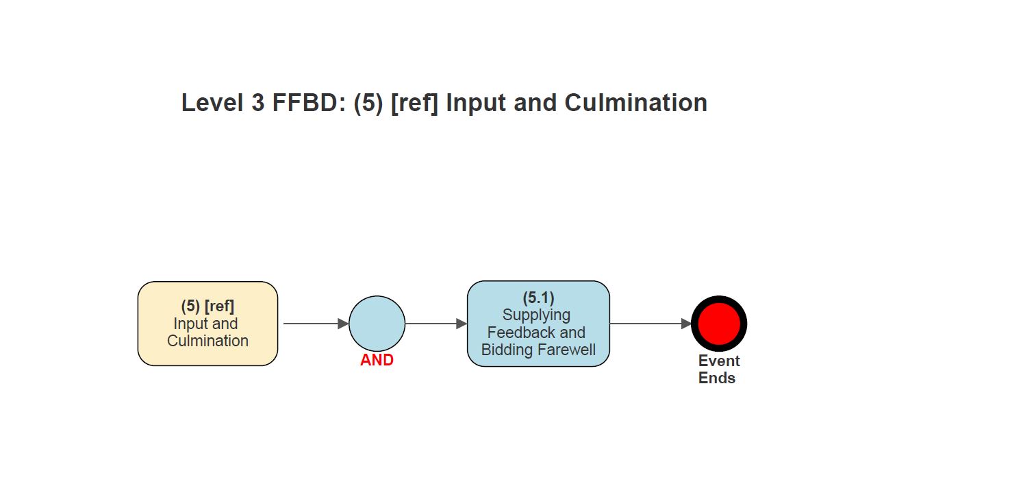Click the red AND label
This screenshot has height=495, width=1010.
pos(377,360)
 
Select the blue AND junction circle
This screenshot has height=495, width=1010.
pos(377,324)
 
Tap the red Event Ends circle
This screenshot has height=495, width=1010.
pos(718,324)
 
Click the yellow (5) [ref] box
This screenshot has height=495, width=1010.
pos(207,324)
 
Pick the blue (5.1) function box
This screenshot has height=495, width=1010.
pos(538,324)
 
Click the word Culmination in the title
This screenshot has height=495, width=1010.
pos(635,103)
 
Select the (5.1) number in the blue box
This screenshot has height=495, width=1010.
pos(538,298)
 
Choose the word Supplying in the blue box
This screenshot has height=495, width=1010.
pos(536,315)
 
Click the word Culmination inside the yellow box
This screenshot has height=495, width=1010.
pos(207,341)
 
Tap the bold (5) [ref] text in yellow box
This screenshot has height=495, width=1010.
pos(207,306)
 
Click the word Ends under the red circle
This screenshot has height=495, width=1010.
pos(717,378)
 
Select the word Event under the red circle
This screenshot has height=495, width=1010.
pos(719,361)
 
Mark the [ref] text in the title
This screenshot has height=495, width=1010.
pos(414,103)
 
